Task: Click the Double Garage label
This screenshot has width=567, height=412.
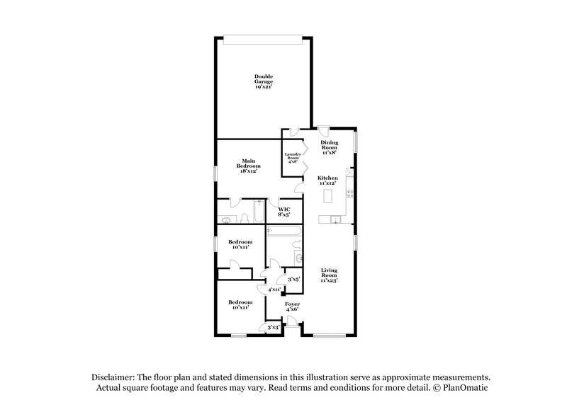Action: pos(264,81)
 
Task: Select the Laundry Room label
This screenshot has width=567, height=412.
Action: pos(293,158)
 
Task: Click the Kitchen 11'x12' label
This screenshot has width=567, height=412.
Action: pos(327,181)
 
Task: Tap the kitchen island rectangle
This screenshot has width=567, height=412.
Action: pos(328,196)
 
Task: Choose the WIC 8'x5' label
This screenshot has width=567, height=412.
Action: pos(283,212)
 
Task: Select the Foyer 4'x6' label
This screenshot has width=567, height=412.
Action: pos(292,307)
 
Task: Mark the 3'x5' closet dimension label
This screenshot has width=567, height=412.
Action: pos(292,280)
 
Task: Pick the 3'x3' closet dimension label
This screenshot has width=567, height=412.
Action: pos(273,327)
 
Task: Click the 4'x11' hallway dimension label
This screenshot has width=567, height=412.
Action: pos(275,290)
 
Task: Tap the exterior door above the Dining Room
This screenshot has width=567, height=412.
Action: pos(322,130)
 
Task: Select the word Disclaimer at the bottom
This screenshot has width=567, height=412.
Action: pos(112,378)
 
